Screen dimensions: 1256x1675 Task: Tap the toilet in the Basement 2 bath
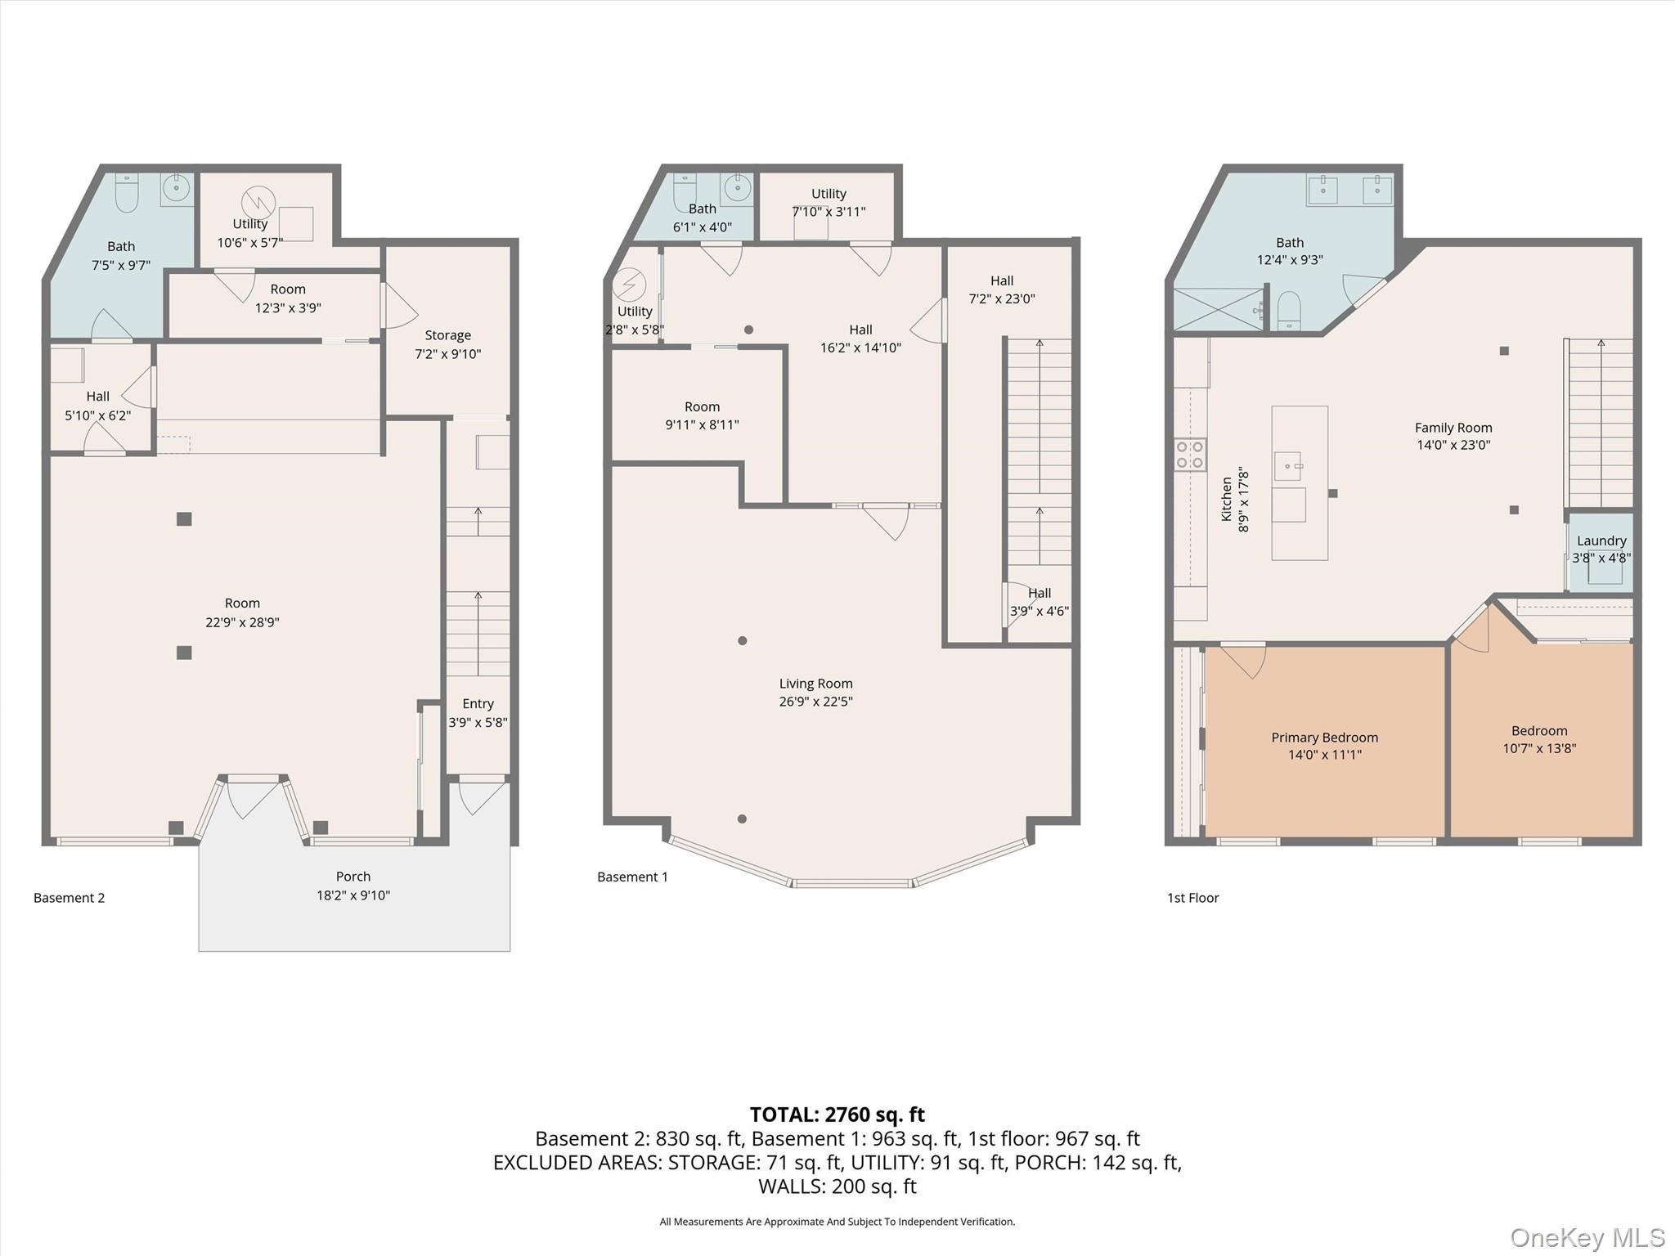coord(127,193)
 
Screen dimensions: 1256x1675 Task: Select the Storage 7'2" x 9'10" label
coord(447,344)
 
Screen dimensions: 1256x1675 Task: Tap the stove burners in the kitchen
coord(1190,455)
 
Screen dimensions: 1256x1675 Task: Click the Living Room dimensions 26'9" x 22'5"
coord(815,701)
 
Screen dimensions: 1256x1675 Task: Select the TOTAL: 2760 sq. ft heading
coord(837,1115)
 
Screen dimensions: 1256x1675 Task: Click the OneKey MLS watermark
coord(1587,1238)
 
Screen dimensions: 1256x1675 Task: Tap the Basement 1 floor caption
coord(632,877)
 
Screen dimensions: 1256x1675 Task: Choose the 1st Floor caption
coord(1192,898)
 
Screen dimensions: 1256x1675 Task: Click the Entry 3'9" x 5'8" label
coord(478,713)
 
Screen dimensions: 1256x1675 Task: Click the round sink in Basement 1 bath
coord(738,187)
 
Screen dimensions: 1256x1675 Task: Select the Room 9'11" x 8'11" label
coord(702,415)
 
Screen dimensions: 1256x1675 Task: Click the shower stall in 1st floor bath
coord(1219,309)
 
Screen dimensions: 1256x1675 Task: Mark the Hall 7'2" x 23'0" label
coord(1001,289)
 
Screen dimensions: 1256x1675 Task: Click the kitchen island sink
coord(1287,467)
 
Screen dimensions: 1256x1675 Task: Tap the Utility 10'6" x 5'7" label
coord(249,233)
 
